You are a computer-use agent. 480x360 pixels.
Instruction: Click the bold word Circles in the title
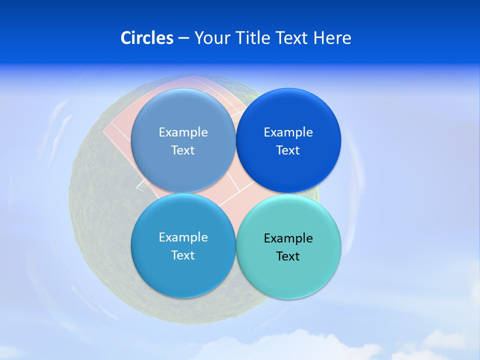point(146,38)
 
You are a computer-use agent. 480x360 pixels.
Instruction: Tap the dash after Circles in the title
point(183,38)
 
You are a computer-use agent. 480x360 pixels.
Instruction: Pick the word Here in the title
point(332,38)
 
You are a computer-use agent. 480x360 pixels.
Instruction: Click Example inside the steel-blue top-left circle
point(183,132)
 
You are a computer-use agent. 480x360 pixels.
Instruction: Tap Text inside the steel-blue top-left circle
point(183,150)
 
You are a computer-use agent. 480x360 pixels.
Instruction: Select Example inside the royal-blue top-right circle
point(288,132)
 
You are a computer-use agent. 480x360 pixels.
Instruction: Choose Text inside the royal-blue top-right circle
point(288,150)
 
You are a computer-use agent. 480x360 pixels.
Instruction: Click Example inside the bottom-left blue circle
point(183,237)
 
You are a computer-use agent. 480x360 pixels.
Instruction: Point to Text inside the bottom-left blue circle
point(183,255)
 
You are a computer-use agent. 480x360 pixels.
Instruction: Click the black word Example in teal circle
point(288,238)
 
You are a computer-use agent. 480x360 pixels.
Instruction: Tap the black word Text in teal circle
point(288,256)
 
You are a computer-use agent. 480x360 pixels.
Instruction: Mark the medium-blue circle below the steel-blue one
point(183,275)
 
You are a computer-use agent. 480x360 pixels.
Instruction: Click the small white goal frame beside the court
point(142,185)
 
